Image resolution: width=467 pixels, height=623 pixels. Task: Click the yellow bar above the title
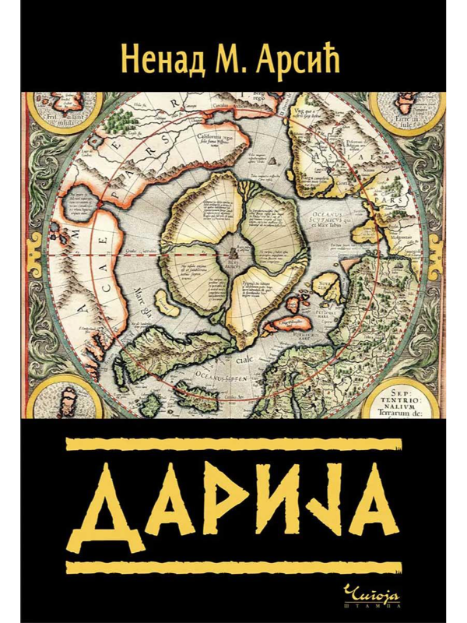pos(233,445)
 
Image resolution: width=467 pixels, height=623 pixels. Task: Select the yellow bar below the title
pos(233,565)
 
